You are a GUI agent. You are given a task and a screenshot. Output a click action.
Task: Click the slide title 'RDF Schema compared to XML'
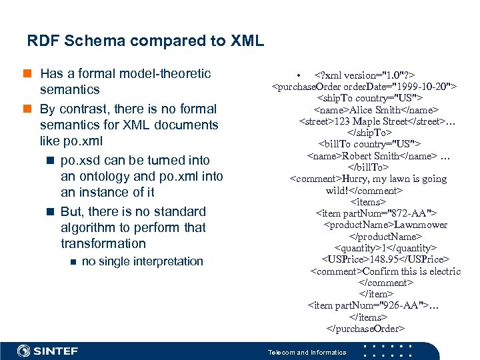coord(145,41)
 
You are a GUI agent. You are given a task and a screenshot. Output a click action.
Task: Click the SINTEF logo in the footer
coord(48,351)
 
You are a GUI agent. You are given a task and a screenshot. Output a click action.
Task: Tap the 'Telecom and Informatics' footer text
coord(307,352)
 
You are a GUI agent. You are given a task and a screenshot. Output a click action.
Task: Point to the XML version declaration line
coord(374,75)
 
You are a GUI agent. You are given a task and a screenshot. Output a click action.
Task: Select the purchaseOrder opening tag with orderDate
coord(363,87)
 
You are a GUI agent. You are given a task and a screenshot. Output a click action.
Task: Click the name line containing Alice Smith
coord(376,109)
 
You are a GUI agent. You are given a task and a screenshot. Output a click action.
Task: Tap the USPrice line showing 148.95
coord(385,259)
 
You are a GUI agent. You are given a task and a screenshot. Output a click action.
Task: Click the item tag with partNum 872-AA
coord(376,213)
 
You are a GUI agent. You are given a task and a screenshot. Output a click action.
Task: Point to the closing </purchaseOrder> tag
coord(365,328)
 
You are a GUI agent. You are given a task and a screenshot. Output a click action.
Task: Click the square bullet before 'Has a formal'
coord(31,74)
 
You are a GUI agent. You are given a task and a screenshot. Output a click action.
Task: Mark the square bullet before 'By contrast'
coord(31,109)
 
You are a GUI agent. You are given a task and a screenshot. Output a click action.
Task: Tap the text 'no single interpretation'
coord(142,261)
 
